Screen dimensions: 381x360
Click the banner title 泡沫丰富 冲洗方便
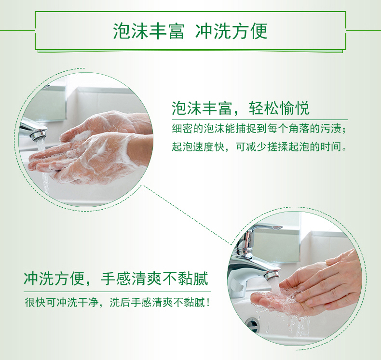tap(190, 31)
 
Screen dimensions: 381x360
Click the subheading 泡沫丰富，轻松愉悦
tap(241, 108)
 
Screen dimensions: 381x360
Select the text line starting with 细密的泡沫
tap(259, 128)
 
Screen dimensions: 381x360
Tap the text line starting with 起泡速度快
tap(259, 147)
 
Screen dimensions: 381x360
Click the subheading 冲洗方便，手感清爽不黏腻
tap(116, 279)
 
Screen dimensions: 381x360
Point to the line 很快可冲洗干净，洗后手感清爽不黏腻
tap(117, 303)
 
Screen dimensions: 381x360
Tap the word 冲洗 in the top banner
tap(213, 31)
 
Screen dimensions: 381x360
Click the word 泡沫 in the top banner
tap(131, 31)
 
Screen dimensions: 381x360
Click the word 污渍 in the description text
tap(331, 128)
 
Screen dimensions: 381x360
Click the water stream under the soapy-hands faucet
tap(43, 165)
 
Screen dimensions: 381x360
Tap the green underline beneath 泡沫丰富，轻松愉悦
tap(260, 120)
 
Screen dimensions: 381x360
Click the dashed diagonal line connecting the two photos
tap(187, 215)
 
